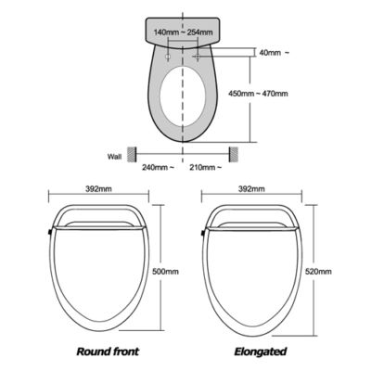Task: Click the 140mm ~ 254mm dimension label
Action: point(183,32)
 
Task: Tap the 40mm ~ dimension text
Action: point(275,53)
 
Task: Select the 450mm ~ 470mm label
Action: point(258,93)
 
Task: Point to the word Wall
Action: point(114,157)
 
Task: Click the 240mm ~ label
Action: point(158,167)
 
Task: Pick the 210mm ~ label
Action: point(205,167)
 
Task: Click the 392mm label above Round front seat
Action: point(98,188)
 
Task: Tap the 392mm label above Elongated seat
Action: point(251,188)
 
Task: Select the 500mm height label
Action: point(166,272)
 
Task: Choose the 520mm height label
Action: point(318,272)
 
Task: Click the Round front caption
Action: point(108,352)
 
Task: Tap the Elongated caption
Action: point(261,352)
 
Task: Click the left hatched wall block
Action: point(132,154)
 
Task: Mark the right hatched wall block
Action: point(233,154)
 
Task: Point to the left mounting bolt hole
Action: point(168,57)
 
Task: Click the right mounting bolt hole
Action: point(198,57)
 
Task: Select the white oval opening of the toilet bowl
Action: point(183,96)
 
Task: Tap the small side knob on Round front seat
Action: point(50,232)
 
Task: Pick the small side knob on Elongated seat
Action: point(203,232)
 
